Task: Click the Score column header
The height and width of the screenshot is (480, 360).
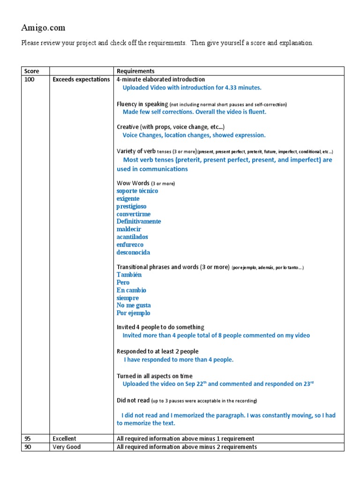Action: [x=31, y=71]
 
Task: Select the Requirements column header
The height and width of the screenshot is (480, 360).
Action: [x=135, y=71]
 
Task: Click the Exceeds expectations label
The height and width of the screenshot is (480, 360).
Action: [x=81, y=79]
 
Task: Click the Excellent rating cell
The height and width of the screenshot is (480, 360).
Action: [x=64, y=439]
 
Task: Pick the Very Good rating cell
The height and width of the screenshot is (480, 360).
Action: [x=67, y=447]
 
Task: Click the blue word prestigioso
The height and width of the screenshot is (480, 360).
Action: [x=131, y=206]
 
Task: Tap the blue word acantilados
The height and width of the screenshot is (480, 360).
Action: [x=132, y=237]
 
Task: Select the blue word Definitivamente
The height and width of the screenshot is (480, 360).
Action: [x=139, y=221]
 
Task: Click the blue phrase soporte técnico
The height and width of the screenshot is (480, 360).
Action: [x=137, y=191]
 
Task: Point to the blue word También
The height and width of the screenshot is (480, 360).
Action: [x=129, y=275]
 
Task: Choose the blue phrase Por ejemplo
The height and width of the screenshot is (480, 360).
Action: [x=134, y=313]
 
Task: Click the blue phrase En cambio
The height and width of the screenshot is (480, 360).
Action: [x=131, y=290]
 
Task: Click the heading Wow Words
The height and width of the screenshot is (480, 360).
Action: [x=133, y=183]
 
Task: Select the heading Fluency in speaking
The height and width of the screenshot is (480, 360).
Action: [x=142, y=104]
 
